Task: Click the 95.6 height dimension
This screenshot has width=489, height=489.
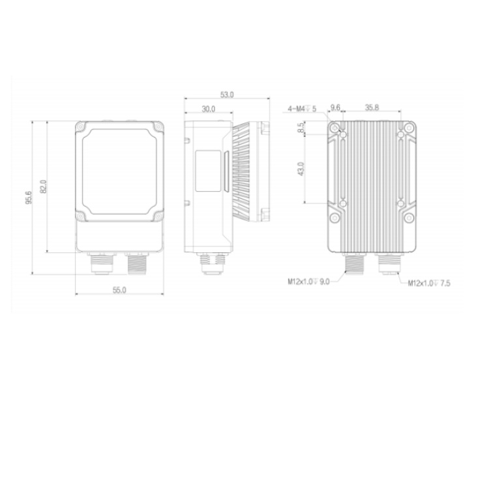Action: tap(29, 197)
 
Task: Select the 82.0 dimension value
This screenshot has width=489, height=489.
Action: tap(43, 186)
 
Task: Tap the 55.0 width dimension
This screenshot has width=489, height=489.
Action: tap(119, 290)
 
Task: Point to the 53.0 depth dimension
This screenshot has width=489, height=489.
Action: tap(227, 95)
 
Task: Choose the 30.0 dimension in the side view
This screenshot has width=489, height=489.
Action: tap(209, 109)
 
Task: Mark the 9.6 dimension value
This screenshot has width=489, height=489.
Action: tap(335, 108)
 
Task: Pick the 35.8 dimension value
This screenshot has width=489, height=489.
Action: tap(372, 108)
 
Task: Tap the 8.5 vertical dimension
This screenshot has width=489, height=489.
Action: tap(301, 128)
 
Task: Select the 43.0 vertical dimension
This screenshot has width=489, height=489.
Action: tap(301, 169)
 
